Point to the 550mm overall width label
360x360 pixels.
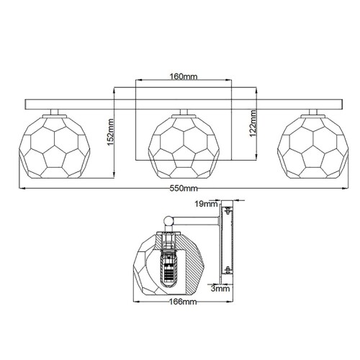coord(180,188)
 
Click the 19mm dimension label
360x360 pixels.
coord(205,204)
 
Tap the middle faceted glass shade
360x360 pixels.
coord(180,146)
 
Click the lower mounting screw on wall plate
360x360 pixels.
coord(228,271)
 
